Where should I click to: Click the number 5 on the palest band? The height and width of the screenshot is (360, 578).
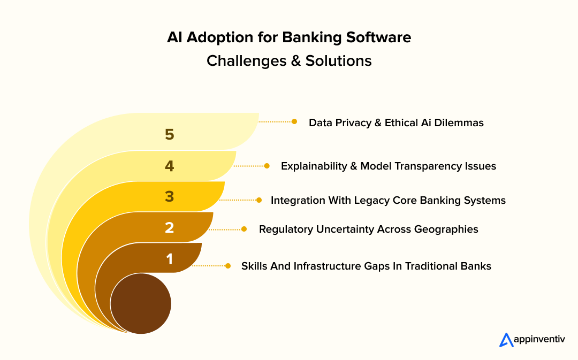170,135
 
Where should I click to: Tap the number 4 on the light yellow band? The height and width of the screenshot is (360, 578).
170,166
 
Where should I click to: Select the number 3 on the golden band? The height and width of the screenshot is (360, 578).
170,197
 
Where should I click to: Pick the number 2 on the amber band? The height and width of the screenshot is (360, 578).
170,228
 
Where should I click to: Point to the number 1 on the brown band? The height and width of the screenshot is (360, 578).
170,259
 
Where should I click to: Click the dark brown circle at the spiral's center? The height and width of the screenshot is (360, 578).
141,304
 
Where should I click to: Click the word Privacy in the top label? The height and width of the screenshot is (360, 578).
353,122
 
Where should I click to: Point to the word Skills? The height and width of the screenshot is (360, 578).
255,266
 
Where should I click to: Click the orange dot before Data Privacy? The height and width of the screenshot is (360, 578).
294,121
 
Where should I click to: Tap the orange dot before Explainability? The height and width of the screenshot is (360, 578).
267,166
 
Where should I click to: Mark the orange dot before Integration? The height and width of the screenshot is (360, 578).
259,200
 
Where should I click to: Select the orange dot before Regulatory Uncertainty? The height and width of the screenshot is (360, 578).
244,229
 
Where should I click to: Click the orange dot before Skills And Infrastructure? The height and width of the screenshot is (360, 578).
228,265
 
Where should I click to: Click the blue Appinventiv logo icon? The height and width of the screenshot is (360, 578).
506,340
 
